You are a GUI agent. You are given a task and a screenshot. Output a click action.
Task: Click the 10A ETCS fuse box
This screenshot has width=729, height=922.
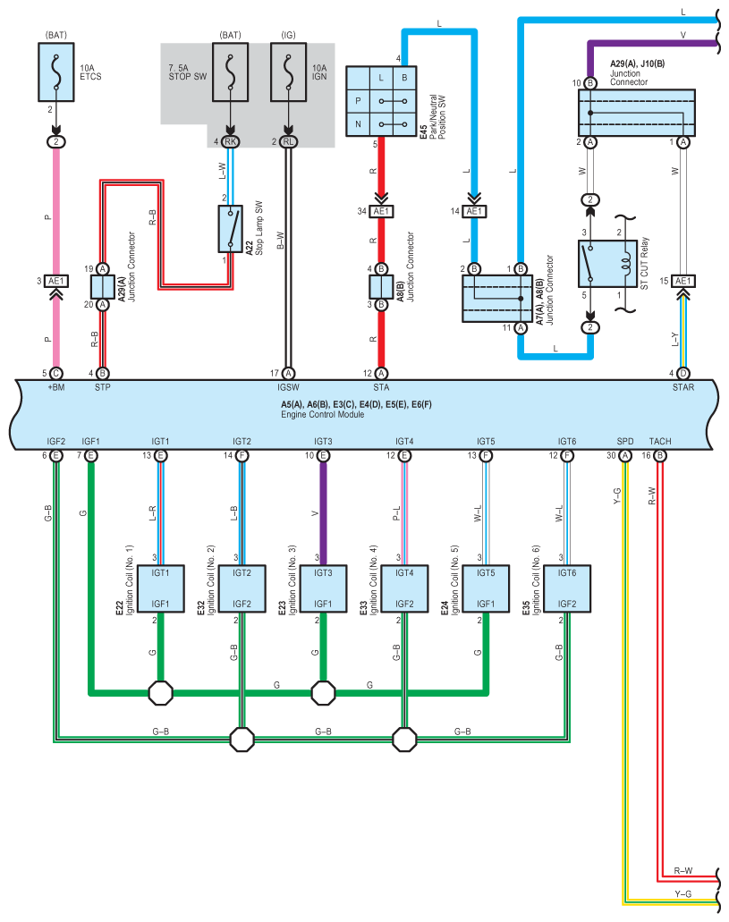point(56,72)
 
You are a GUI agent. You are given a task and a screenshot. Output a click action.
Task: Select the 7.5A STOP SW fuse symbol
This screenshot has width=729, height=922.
point(231,72)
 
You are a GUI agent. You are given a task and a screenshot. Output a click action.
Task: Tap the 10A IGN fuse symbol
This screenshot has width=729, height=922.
point(287,72)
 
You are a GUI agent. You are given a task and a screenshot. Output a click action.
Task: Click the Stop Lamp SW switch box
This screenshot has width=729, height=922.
point(231,228)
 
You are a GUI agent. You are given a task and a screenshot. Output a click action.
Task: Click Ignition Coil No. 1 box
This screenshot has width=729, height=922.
point(161,588)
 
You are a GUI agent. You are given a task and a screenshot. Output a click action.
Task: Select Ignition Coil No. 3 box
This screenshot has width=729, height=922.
point(323,588)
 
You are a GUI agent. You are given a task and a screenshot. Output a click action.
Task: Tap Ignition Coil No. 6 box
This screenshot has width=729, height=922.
point(566,588)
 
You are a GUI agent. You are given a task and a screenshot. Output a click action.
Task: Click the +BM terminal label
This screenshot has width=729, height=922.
point(55,388)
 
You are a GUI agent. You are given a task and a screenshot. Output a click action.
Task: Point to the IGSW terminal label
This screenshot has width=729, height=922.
point(288,388)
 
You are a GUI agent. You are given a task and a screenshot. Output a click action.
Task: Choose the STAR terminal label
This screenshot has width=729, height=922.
point(683,388)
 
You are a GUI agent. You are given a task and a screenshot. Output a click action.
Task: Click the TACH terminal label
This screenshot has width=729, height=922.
point(660,442)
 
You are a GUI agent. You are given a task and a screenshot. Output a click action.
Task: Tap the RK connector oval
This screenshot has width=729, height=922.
point(231,141)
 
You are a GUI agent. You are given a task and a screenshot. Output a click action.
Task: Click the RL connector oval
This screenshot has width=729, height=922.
point(288,141)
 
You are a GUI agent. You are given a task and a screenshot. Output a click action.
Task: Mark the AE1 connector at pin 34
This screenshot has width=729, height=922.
point(381,211)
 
